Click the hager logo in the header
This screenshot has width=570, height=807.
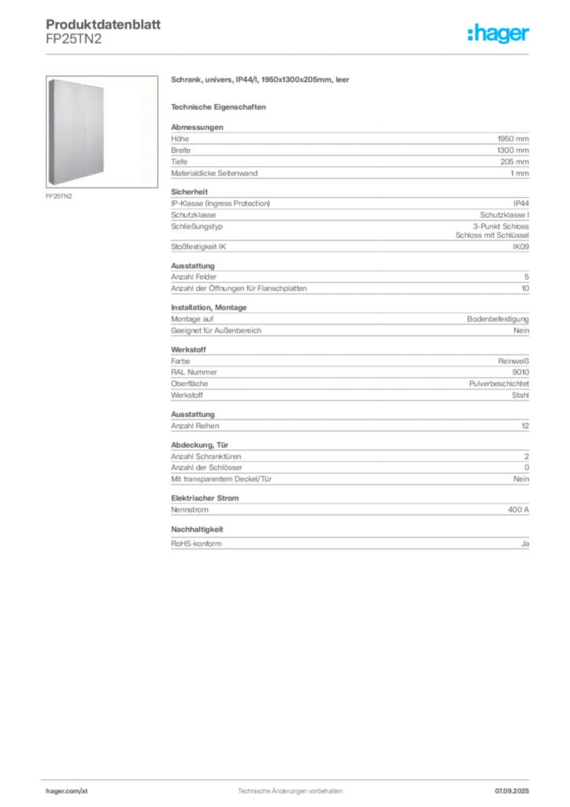pos(498,33)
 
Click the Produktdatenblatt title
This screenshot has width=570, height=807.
pos(103,24)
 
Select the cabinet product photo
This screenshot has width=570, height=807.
pos(102,132)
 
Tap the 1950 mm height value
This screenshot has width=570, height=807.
pos(513,139)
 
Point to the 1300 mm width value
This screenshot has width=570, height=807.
pos(513,151)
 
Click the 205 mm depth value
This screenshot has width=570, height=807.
pos(514,162)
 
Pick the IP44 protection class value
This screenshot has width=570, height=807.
pos(520,203)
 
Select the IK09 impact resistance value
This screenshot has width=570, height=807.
pos(520,247)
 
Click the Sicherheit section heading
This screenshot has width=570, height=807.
pos(190,192)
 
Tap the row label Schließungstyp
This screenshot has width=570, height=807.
pos(197,226)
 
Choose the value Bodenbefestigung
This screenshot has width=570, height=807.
pos(498,319)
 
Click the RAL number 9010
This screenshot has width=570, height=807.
pos(520,372)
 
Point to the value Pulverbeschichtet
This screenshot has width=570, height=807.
pos(499,384)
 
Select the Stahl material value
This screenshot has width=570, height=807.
pos(520,396)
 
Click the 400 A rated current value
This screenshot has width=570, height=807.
pos(518,510)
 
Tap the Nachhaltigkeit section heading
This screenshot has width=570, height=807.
pos(198,530)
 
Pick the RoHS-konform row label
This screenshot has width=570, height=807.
pos(196,544)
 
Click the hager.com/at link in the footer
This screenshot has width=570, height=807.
pos(67,791)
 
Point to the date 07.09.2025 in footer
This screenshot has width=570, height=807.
pos(512,791)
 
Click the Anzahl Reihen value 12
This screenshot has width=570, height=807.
pos(525,426)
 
